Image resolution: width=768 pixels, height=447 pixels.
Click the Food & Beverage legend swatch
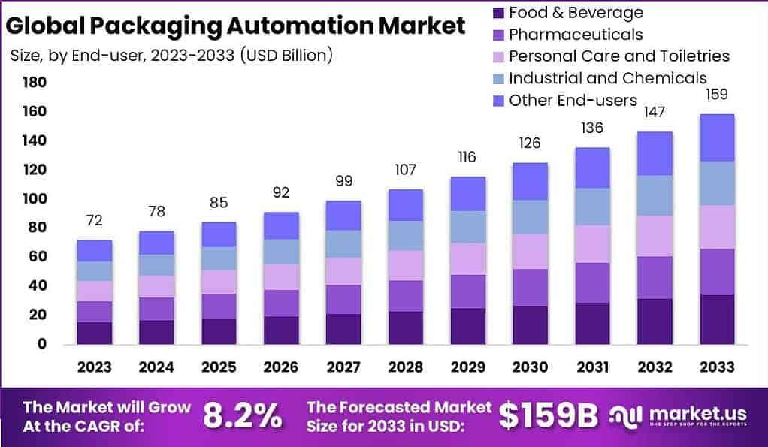tap(496, 13)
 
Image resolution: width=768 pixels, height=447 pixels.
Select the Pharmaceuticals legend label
tap(576, 35)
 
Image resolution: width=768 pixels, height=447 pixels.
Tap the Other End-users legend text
tap(573, 100)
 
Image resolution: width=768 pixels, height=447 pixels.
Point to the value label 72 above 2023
tap(94, 220)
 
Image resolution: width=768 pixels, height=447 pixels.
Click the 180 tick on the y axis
tap(35, 83)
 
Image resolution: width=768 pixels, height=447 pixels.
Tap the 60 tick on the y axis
tap(38, 257)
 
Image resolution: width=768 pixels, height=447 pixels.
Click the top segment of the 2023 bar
tap(94, 251)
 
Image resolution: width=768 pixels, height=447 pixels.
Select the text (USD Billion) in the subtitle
tap(286, 56)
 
